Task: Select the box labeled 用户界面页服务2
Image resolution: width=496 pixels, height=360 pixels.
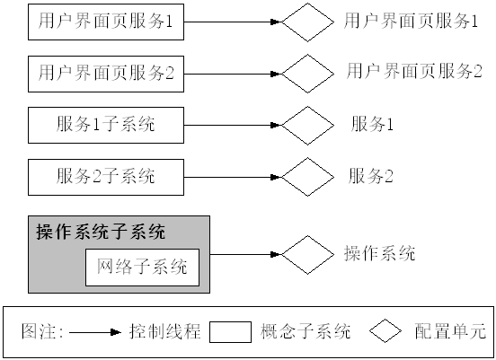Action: (x=106, y=75)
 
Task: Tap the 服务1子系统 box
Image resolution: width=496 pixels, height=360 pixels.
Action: (x=106, y=125)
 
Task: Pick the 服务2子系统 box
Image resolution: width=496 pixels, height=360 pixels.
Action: (x=106, y=176)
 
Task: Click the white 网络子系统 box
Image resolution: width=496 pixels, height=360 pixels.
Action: (x=142, y=267)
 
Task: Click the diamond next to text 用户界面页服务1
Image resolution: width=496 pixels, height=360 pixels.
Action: (x=307, y=23)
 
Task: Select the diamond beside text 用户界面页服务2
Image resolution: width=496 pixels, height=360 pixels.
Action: (x=307, y=74)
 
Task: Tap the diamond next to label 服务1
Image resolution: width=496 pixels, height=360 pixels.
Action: (x=307, y=125)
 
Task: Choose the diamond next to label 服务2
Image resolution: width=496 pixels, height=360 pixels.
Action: (x=307, y=175)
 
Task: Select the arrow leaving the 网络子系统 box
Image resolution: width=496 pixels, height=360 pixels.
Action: (x=239, y=255)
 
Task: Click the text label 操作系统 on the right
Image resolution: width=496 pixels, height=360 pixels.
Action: (x=379, y=254)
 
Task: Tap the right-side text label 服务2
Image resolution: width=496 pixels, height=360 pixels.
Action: (x=372, y=175)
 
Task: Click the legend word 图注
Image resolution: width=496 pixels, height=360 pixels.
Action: (x=41, y=331)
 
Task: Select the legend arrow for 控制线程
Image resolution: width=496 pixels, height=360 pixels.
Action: (x=94, y=331)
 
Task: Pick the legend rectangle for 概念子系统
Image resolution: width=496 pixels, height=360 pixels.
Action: (x=230, y=331)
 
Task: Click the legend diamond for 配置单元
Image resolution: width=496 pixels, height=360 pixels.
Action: (x=385, y=330)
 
